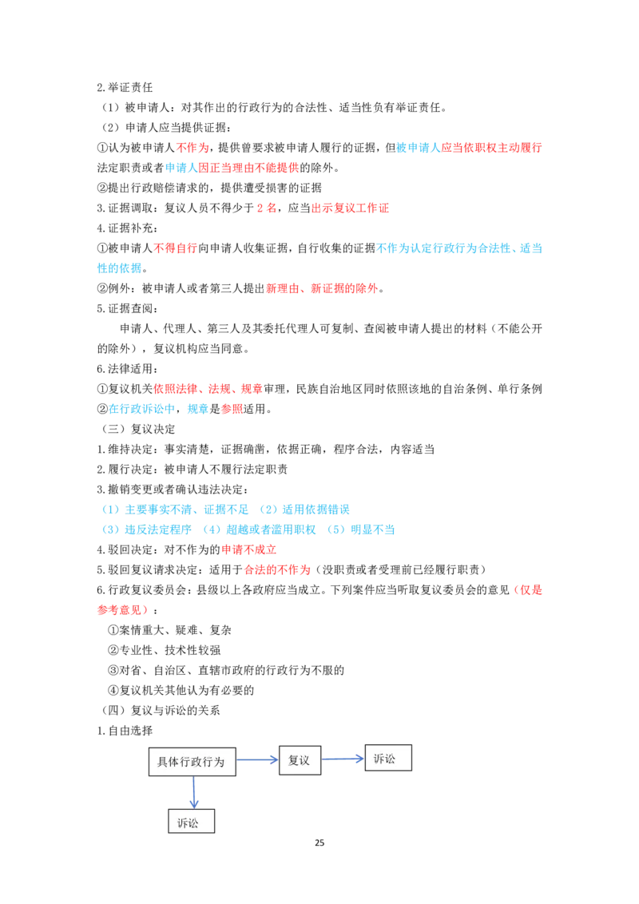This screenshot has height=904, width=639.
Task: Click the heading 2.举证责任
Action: [125, 88]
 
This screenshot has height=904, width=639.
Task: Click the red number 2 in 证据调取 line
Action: [260, 208]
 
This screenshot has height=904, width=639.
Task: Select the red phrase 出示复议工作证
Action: [350, 208]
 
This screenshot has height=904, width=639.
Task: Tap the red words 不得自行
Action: [175, 248]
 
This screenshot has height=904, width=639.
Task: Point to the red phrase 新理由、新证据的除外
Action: [322, 288]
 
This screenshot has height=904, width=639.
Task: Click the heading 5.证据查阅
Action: [128, 308]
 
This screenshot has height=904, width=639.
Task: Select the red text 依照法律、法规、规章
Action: [208, 389]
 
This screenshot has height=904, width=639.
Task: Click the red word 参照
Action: [232, 410]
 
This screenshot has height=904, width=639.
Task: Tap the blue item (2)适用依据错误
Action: [304, 509]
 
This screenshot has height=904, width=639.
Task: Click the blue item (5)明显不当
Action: [360, 529]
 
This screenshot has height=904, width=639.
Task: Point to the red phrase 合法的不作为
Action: [277, 570]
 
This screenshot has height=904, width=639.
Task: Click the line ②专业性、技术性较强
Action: [165, 650]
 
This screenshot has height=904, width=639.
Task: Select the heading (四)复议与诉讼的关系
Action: [160, 711]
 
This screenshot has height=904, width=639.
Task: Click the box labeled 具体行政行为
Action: [192, 762]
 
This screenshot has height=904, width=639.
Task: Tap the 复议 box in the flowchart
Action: [300, 760]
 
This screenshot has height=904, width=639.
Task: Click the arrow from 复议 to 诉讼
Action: [343, 759]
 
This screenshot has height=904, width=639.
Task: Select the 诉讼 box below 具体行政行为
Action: [192, 821]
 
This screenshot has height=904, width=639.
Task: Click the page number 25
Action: [319, 843]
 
